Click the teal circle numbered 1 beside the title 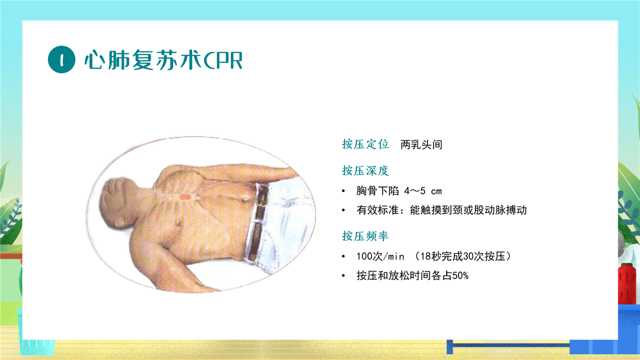[x=61, y=59]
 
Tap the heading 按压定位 [x=365, y=144]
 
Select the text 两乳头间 [x=421, y=144]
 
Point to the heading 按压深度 [x=365, y=170]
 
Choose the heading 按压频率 [x=365, y=236]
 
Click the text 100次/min [x=380, y=256]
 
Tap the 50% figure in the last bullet [x=460, y=275]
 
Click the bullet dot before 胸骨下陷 [x=343, y=191]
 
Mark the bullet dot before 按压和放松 [x=343, y=276]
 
